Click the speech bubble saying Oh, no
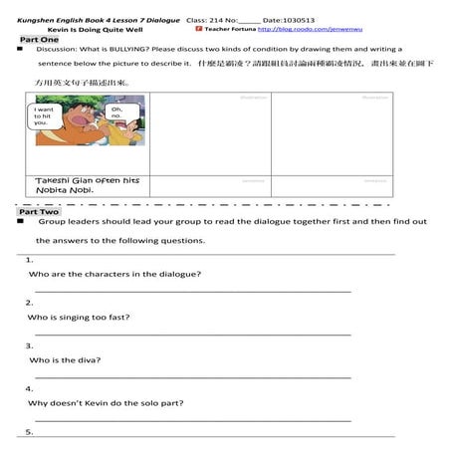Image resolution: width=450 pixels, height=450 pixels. (114, 113)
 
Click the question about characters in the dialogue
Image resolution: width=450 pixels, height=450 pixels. (114, 273)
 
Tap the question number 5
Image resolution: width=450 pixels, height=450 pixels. (30, 432)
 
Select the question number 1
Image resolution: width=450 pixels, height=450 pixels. (30, 259)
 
